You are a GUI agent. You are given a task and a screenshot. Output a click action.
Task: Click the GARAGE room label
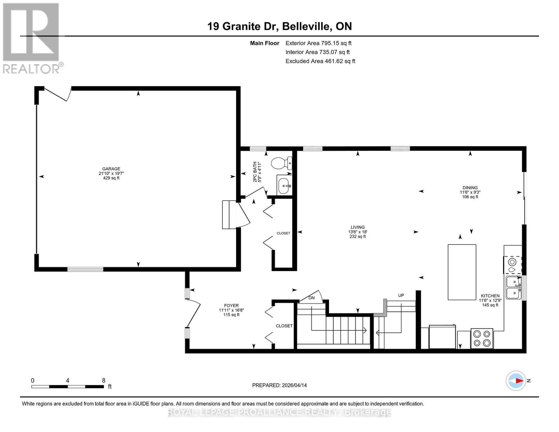pyautogui.click(x=111, y=169)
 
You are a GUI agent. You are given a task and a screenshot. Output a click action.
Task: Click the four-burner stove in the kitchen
pyautogui.click(x=482, y=339)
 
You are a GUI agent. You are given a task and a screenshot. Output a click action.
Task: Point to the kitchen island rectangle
pyautogui.click(x=462, y=272)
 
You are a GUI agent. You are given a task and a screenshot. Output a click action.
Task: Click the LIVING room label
pyautogui.click(x=357, y=228)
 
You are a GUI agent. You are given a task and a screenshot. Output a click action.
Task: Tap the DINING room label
pyautogui.click(x=470, y=188)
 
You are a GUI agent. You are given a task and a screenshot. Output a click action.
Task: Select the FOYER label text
pyautogui.click(x=231, y=306)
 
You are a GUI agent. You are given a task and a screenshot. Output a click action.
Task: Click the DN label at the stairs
pyautogui.click(x=311, y=298)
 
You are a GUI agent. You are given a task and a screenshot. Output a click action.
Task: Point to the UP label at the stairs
pyautogui.click(x=401, y=295)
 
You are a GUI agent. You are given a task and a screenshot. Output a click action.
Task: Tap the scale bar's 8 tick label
pyautogui.click(x=104, y=381)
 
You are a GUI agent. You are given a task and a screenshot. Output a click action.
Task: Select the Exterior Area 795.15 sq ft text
pyautogui.click(x=318, y=43)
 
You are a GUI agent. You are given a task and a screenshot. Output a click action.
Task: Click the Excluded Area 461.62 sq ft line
pyautogui.click(x=320, y=61)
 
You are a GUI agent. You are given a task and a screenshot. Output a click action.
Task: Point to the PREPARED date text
pyautogui.click(x=279, y=385)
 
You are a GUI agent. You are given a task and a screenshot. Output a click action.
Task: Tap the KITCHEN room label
pyautogui.click(x=490, y=296)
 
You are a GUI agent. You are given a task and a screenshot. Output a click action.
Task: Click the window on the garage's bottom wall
pyautogui.click(x=85, y=269)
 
